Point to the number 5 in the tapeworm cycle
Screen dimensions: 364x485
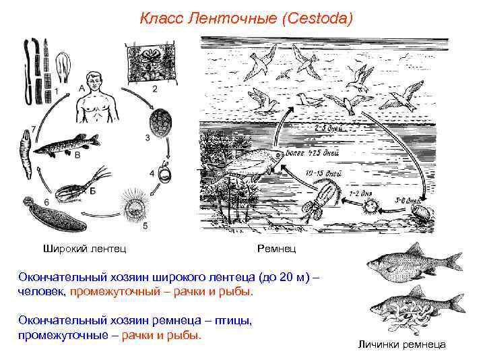(x=145, y=224)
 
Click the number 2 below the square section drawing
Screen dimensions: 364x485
(x=155, y=88)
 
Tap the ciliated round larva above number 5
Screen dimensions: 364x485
(x=133, y=203)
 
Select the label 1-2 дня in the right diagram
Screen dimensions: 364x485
(x=360, y=193)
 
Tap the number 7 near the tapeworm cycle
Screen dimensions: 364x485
(x=24, y=129)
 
